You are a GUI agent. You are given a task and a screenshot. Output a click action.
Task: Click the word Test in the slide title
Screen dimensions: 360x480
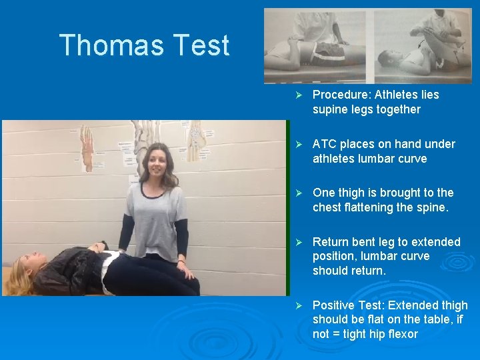tap(201, 45)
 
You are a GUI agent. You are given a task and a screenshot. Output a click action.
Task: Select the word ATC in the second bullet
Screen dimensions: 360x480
tap(325, 144)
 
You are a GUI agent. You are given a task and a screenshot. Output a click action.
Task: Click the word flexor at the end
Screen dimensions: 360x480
tap(400, 334)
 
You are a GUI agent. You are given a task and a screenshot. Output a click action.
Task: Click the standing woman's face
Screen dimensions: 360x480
tap(157, 162)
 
